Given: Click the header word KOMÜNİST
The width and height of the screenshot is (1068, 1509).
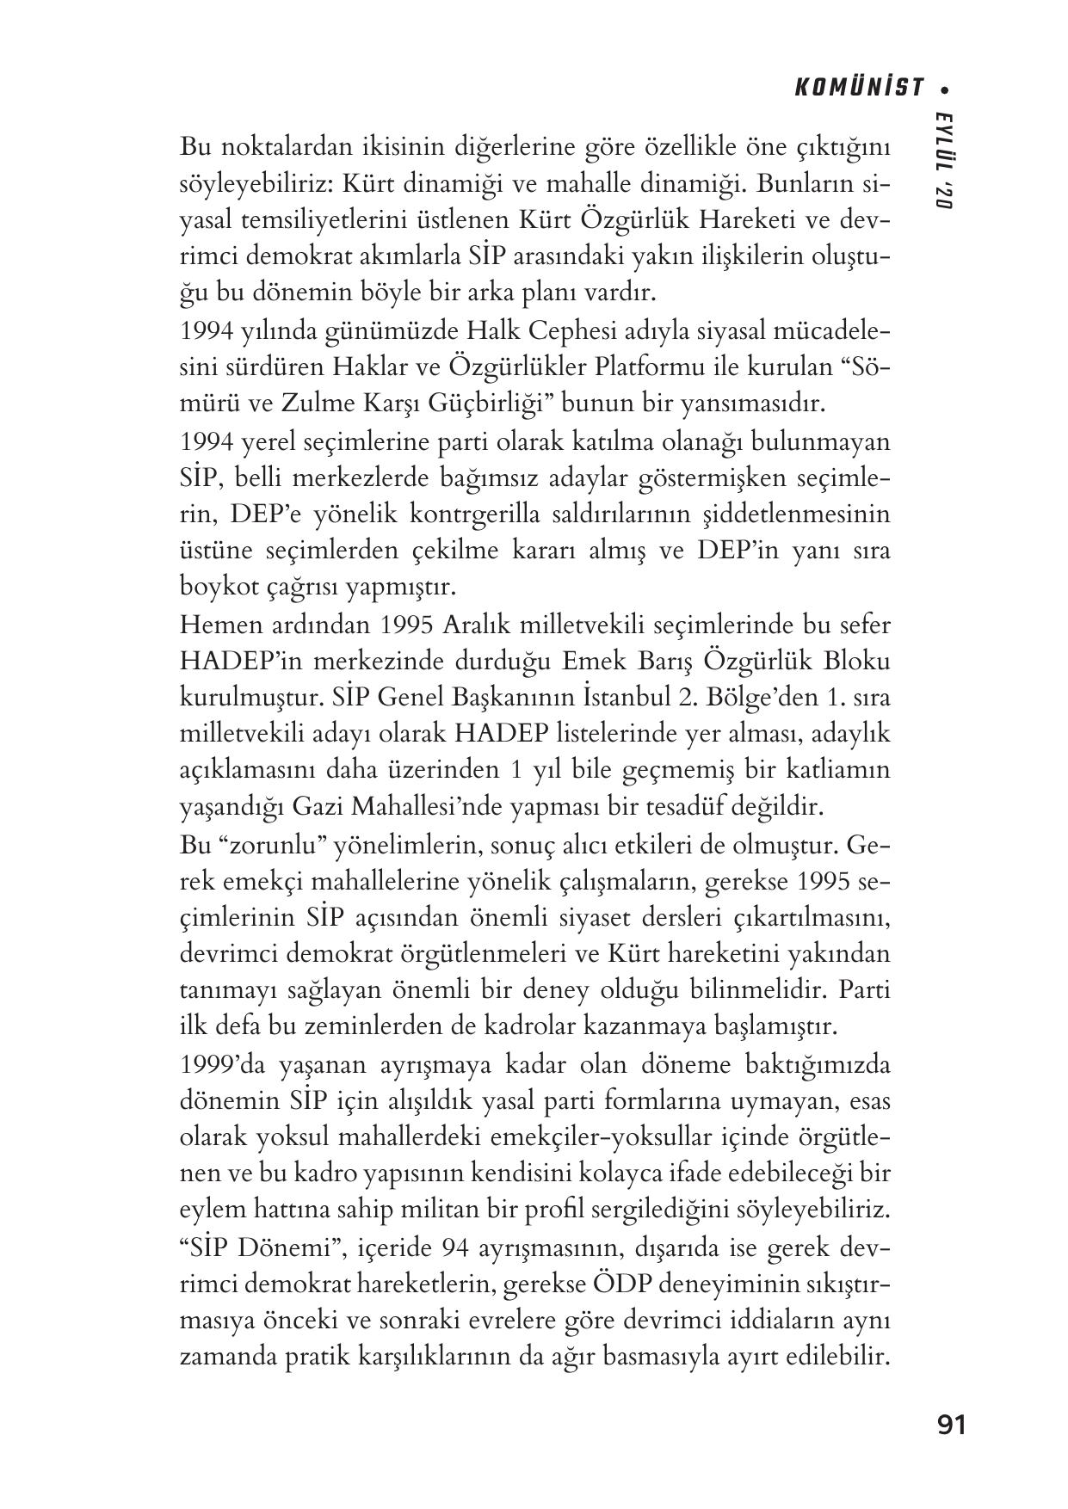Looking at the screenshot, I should click(x=859, y=88).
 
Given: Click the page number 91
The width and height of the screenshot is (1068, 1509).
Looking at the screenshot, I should click(x=951, y=1426).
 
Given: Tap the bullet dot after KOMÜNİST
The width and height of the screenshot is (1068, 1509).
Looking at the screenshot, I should click(x=946, y=89).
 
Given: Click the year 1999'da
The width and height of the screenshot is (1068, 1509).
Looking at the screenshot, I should click(x=222, y=1065).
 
